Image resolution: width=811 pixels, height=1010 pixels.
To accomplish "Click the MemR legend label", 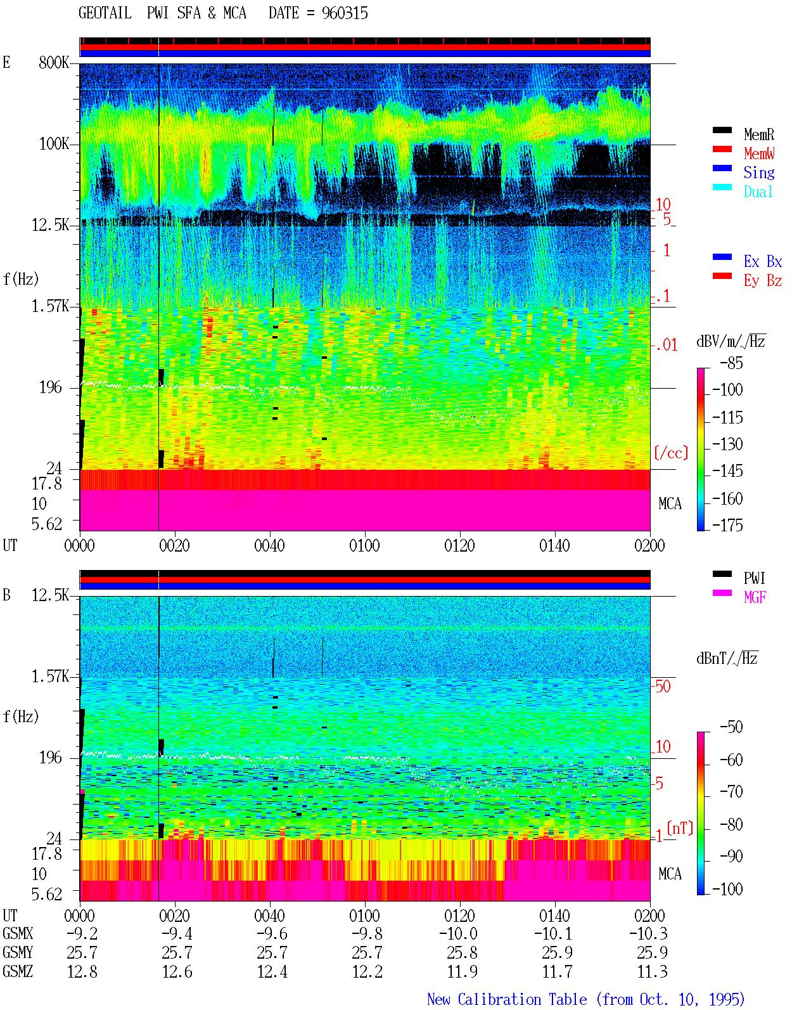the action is (x=758, y=134).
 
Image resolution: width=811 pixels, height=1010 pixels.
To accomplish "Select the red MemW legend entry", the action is (x=759, y=153).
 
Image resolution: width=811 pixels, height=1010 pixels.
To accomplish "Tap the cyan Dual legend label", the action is (x=758, y=191).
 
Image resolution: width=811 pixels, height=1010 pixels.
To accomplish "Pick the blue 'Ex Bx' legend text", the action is (x=762, y=261).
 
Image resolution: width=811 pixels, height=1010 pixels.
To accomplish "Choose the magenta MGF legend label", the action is (x=755, y=597).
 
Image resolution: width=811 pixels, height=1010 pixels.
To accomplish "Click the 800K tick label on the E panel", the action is (x=54, y=62).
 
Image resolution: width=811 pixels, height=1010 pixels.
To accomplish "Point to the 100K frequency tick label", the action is (x=54, y=144).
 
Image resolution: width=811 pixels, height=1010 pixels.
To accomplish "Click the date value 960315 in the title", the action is (x=345, y=13).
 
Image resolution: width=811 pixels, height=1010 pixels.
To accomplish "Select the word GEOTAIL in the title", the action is (x=105, y=13).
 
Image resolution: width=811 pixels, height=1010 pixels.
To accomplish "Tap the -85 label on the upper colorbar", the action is (x=731, y=363).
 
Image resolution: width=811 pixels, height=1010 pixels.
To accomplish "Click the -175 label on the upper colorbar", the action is (x=727, y=525).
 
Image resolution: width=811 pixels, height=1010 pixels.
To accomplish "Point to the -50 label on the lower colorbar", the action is (x=731, y=727).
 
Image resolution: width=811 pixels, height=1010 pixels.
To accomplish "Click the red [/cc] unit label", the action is (x=671, y=453).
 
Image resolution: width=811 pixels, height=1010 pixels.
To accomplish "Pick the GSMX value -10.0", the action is (x=458, y=933).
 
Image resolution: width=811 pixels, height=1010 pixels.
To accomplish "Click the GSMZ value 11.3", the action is (x=652, y=971).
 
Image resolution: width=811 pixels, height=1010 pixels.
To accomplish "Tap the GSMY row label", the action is (x=18, y=952).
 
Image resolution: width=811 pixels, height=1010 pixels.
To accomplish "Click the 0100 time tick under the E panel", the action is (x=364, y=546).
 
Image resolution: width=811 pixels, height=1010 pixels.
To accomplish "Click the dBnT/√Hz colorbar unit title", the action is (x=727, y=659).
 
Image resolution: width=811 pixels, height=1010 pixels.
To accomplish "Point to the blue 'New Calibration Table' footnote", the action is (x=507, y=999).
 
